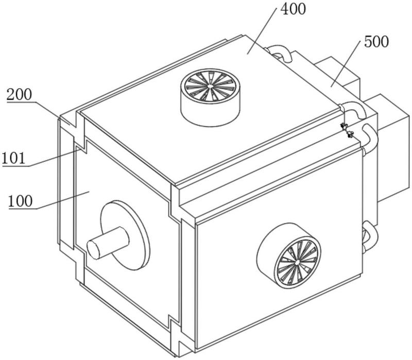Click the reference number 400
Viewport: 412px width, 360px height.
[293, 9]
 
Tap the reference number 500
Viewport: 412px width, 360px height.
[376, 42]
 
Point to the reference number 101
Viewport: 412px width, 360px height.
[14, 158]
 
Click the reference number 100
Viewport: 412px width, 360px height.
[20, 201]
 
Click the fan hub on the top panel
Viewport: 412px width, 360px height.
[210, 86]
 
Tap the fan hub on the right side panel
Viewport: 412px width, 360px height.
[297, 263]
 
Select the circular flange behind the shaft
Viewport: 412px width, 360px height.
[125, 235]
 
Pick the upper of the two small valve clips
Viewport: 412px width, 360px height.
[344, 126]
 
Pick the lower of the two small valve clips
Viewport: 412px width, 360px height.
[350, 135]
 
